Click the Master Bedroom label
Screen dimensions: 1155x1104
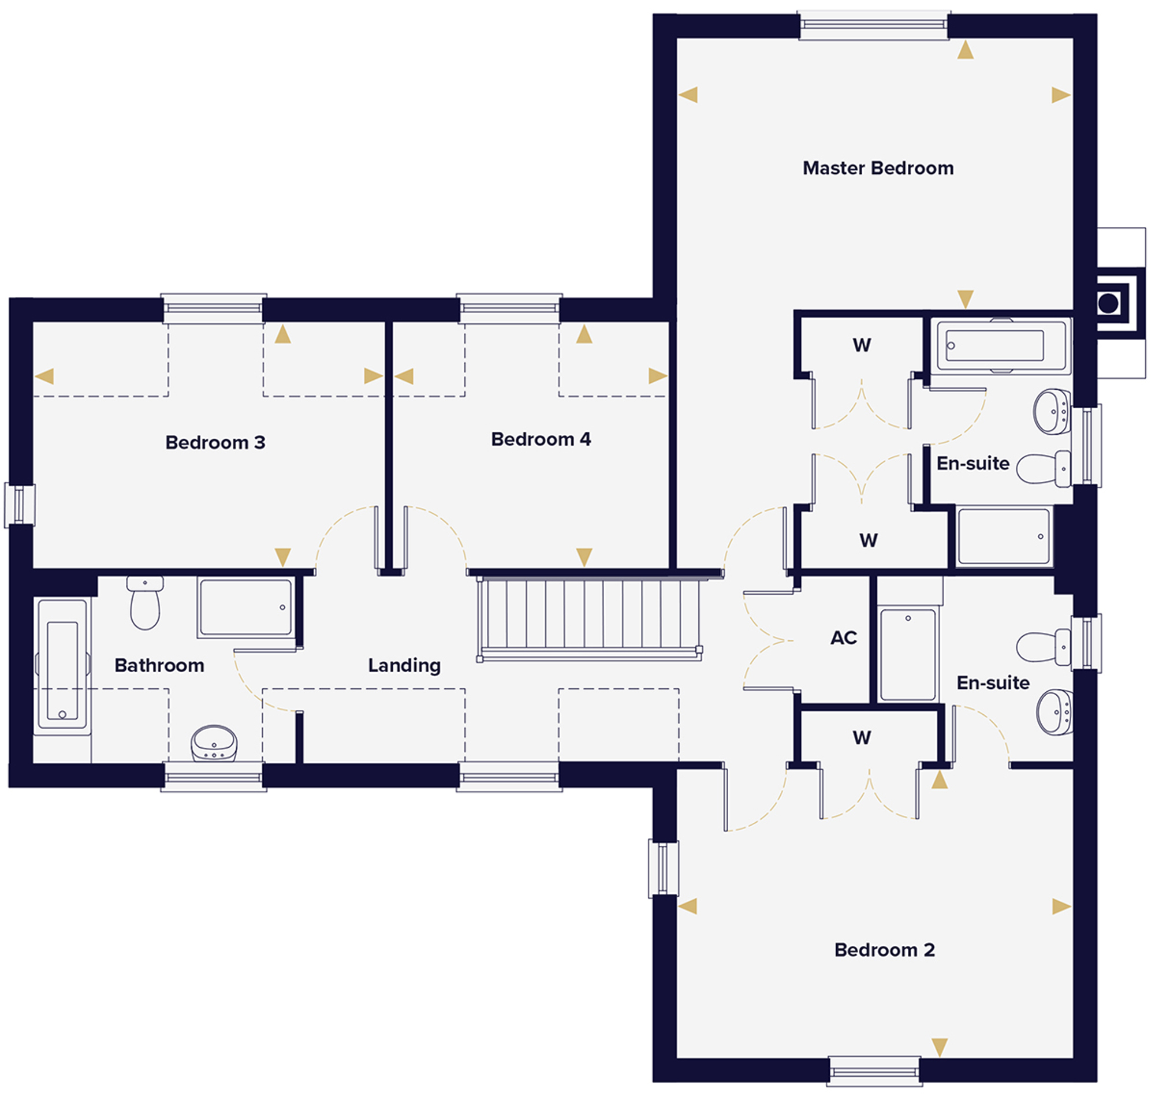pyautogui.click(x=877, y=168)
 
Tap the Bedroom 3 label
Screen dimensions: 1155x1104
pyautogui.click(x=215, y=442)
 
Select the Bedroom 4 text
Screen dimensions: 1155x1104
pyautogui.click(x=541, y=439)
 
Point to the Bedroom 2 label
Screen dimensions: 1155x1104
pyautogui.click(x=884, y=950)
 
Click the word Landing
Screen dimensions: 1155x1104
pyautogui.click(x=404, y=666)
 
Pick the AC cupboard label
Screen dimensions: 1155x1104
pyautogui.click(x=844, y=637)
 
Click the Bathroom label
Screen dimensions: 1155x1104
pyautogui.click(x=159, y=666)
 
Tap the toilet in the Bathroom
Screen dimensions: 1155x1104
pyautogui.click(x=145, y=603)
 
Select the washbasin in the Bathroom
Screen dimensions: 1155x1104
pyautogui.click(x=214, y=743)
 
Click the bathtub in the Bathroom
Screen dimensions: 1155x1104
pyautogui.click(x=62, y=667)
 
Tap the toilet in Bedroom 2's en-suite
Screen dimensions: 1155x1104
pyautogui.click(x=1043, y=647)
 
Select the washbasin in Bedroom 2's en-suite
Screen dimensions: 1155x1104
pyautogui.click(x=1055, y=713)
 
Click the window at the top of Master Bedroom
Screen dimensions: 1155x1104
pyautogui.click(x=874, y=25)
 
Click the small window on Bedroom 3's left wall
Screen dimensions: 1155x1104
pyautogui.click(x=20, y=505)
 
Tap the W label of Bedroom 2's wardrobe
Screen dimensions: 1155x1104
pyautogui.click(x=861, y=737)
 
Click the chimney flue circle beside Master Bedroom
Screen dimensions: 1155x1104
pyautogui.click(x=1108, y=303)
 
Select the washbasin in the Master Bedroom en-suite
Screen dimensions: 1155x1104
pyautogui.click(x=1053, y=411)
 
